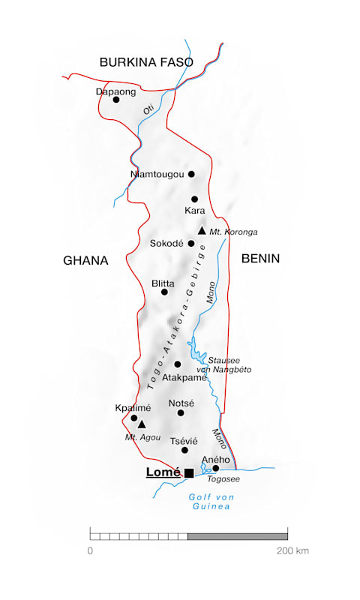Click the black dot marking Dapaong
116,99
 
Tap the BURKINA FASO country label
146,62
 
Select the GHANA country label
85,261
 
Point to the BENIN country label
260,259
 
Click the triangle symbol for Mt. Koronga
202,231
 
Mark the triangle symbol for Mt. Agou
142,424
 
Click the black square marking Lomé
189,472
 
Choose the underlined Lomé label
163,472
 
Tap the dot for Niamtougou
191,174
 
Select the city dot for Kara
194,199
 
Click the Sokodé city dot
191,243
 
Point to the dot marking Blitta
165,292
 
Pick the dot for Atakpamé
178,364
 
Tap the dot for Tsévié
184,450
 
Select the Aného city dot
216,468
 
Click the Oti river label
148,109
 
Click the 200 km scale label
292,551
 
